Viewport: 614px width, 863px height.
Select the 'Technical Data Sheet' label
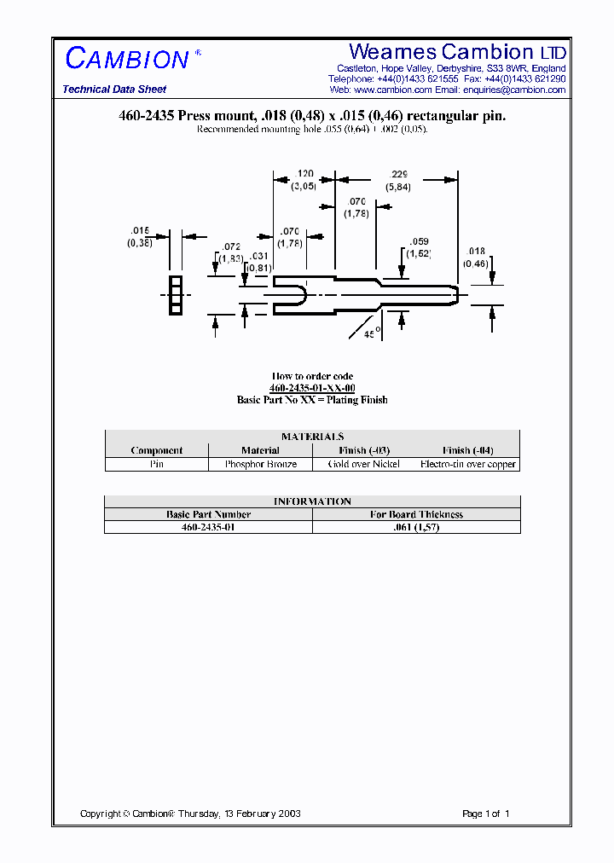click(x=114, y=90)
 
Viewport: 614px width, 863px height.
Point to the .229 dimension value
click(x=398, y=173)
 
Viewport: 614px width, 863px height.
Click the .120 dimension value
click(x=305, y=173)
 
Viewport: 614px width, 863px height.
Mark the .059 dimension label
click(x=419, y=241)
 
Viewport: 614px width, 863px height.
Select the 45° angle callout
click(x=372, y=335)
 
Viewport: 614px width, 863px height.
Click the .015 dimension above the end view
click(x=140, y=231)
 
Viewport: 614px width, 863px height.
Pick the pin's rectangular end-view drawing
click(x=176, y=295)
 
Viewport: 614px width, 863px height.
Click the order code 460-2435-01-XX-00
click(x=312, y=388)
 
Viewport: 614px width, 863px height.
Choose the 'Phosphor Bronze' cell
click(x=260, y=465)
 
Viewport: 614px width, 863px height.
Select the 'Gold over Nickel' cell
click(x=364, y=465)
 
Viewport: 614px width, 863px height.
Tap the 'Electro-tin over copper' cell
click(x=468, y=465)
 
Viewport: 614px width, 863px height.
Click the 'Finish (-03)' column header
click(x=364, y=450)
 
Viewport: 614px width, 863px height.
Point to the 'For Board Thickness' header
click(x=416, y=514)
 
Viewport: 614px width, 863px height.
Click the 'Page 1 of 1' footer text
click(x=485, y=814)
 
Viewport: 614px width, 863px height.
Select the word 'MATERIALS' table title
click(x=312, y=437)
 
